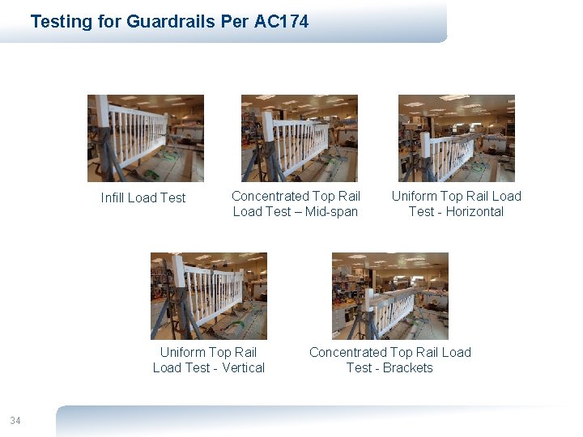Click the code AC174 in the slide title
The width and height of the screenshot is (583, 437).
[x=281, y=22]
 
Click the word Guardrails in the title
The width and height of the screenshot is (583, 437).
[x=171, y=22]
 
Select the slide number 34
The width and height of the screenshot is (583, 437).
[x=15, y=420]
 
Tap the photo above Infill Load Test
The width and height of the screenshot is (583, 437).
[x=146, y=138]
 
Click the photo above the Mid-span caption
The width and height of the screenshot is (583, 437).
[x=300, y=138]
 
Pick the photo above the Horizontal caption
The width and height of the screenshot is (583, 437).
[x=456, y=138]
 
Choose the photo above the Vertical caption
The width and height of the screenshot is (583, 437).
[x=209, y=296]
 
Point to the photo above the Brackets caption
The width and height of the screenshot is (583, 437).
[x=390, y=296]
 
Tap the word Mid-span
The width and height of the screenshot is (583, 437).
[x=331, y=211]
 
